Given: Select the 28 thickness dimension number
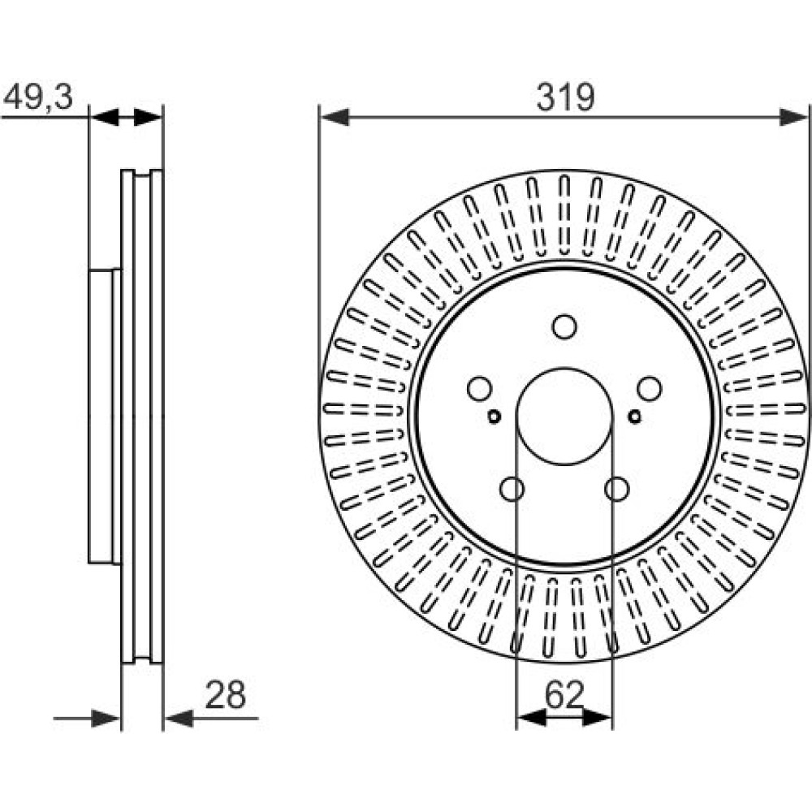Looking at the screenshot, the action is pyautogui.click(x=225, y=695).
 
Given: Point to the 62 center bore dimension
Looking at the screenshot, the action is pyautogui.click(x=564, y=695).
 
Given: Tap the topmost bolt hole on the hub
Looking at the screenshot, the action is pyautogui.click(x=564, y=326).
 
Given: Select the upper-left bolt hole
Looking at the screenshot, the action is pyautogui.click(x=479, y=389).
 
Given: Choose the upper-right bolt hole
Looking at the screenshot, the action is pyautogui.click(x=650, y=389).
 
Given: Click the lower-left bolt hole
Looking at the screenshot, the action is pyautogui.click(x=512, y=489).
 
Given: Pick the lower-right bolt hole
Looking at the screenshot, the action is pyautogui.click(x=617, y=489).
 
